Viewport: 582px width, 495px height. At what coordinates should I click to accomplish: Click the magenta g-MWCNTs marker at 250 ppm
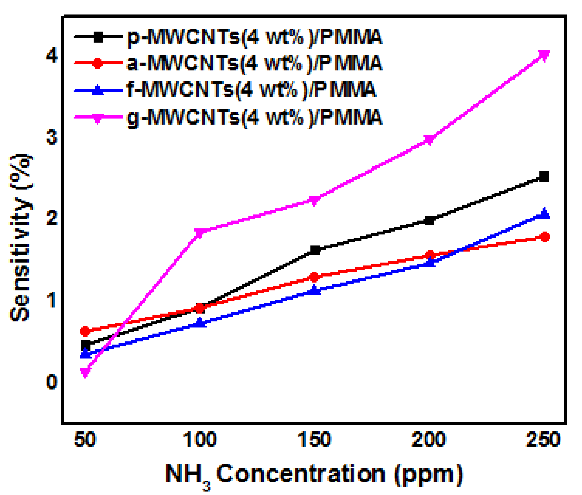[x=544, y=55]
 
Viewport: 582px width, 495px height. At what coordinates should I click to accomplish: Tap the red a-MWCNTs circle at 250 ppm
[x=545, y=237]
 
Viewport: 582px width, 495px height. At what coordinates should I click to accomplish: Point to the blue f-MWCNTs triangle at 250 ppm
[x=545, y=214]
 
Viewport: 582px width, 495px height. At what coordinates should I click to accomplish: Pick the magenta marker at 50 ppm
[x=85, y=372]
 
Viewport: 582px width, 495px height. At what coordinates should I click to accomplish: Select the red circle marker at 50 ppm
[x=85, y=331]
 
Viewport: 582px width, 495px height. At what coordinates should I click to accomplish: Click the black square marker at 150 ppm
[x=315, y=250]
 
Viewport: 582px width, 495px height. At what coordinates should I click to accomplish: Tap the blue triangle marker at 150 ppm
[x=314, y=290]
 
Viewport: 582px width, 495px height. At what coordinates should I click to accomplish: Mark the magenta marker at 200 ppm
[x=429, y=140]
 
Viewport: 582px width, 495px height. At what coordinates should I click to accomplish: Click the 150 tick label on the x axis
[x=314, y=439]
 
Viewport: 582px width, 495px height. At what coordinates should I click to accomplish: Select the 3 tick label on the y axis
[x=52, y=137]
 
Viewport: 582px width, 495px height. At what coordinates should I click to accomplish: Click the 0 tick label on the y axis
[x=52, y=382]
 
